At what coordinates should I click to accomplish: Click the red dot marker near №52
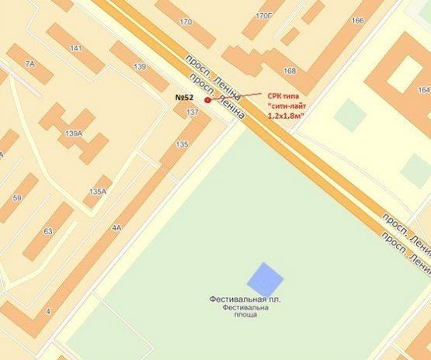(x=207, y=100)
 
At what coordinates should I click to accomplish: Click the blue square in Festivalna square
(x=265, y=279)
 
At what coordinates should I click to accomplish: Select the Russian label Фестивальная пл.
(x=245, y=299)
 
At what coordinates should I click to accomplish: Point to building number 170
(x=186, y=22)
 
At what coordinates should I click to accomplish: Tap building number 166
(x=357, y=21)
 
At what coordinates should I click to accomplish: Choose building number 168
(x=290, y=71)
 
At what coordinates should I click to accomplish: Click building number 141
(x=75, y=48)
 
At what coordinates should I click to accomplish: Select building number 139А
(x=74, y=133)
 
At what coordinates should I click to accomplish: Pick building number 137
(x=193, y=112)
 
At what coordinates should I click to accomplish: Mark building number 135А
(x=98, y=191)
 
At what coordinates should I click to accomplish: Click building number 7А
(x=30, y=63)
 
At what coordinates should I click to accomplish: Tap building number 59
(x=16, y=199)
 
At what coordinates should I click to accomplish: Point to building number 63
(x=47, y=231)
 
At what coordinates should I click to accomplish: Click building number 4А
(x=117, y=228)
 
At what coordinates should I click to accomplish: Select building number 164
(x=424, y=90)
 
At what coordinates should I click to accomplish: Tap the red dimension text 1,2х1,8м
(x=286, y=116)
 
